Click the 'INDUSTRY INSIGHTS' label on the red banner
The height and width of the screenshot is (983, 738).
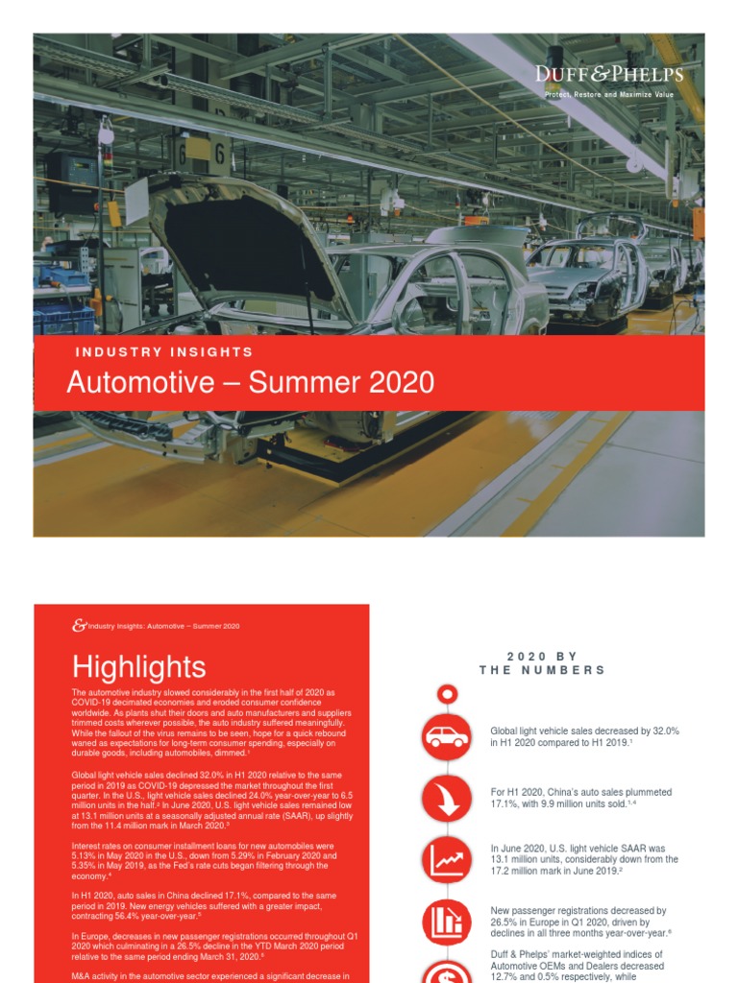[164, 352]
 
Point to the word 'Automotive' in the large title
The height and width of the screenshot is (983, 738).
[140, 382]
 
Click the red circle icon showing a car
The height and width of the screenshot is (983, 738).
[446, 737]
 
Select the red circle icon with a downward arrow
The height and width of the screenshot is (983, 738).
[446, 798]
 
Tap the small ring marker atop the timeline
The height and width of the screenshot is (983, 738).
[446, 694]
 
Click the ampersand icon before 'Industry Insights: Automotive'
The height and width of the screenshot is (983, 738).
[79, 626]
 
